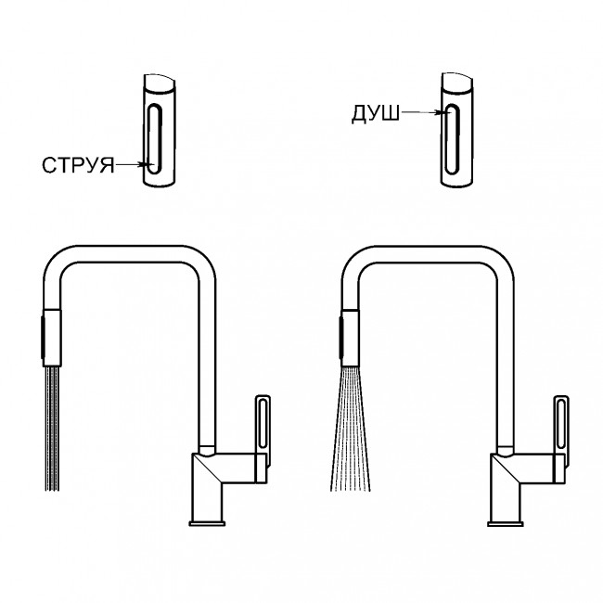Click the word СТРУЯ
[78, 165]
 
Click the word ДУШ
[376, 114]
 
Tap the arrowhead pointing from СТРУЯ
[146, 165]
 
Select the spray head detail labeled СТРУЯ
[159, 131]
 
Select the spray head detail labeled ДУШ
[456, 130]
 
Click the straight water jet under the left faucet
[52, 428]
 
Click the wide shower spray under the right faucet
[351, 429]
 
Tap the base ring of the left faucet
[207, 523]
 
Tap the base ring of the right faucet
[506, 523]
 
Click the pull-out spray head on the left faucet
[52, 337]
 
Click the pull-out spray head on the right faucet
[350, 337]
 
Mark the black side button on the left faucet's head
[43, 337]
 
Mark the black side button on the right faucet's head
[340, 337]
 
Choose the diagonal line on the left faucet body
[208, 469]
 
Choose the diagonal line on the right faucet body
[507, 469]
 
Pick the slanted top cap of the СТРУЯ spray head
[160, 83]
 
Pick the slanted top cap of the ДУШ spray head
[456, 82]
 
